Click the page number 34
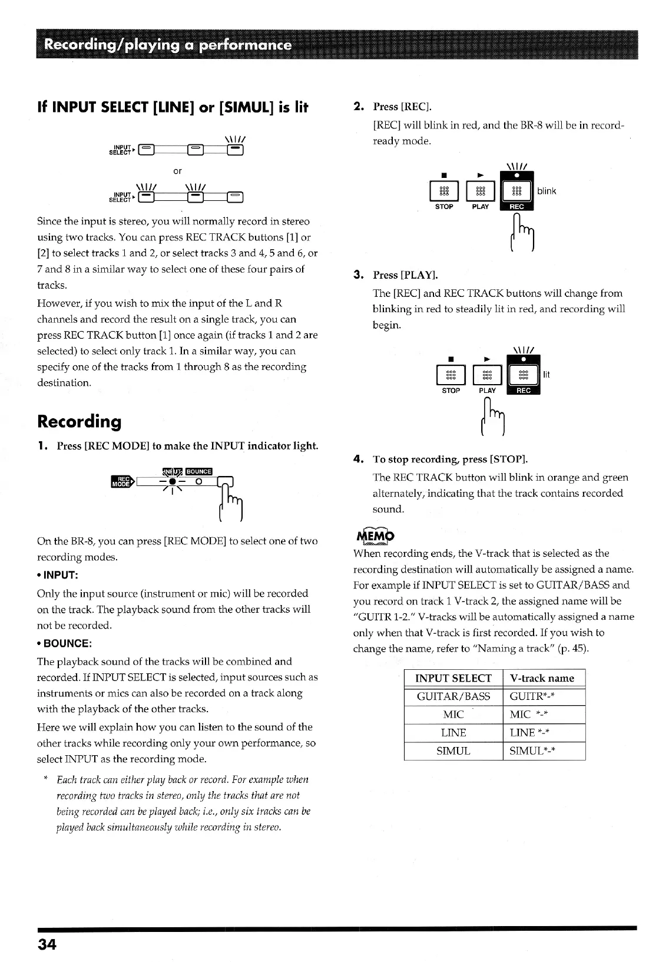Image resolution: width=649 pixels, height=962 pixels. point(47,944)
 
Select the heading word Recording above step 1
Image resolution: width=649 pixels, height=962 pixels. point(80,421)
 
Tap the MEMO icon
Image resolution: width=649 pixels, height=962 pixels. point(374,536)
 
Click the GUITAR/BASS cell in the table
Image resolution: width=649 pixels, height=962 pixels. point(453,696)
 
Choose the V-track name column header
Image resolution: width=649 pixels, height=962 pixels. point(542,678)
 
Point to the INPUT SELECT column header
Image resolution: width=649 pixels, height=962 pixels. point(453,678)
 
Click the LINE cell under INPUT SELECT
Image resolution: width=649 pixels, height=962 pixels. point(453,733)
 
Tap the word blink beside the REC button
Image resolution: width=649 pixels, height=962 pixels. point(547,191)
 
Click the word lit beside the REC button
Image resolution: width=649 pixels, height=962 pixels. point(547,374)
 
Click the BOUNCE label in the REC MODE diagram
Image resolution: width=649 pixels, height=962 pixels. point(198,471)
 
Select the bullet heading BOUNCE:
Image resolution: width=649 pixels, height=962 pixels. point(65,643)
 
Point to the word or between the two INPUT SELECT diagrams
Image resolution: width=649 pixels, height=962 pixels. point(177,171)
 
